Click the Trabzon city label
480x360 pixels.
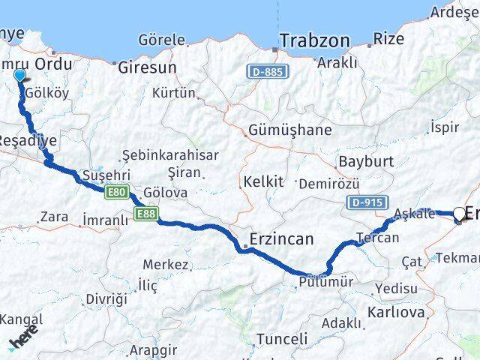click(x=315, y=40)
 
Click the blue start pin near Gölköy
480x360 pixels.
click(x=20, y=75)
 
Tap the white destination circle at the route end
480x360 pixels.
click(x=459, y=214)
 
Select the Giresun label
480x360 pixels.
click(x=147, y=67)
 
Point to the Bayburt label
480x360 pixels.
click(x=366, y=161)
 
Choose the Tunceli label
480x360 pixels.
click(x=282, y=339)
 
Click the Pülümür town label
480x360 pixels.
click(x=325, y=282)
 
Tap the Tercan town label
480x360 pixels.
click(x=378, y=238)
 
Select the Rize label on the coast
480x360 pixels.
click(x=388, y=38)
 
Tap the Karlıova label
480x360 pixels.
click(x=396, y=311)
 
